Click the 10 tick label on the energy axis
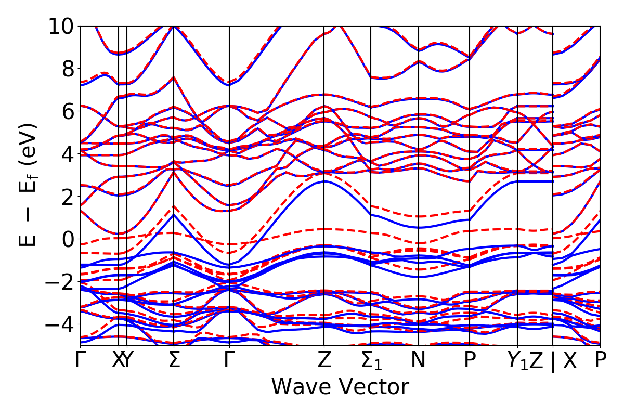click(x=62, y=26)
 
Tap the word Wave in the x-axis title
click(x=305, y=387)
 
